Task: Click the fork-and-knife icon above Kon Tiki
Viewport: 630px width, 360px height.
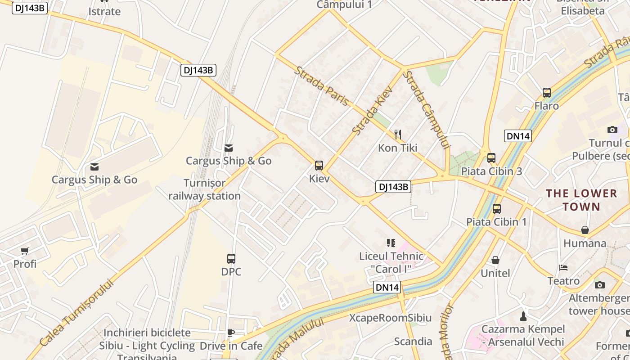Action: (x=398, y=134)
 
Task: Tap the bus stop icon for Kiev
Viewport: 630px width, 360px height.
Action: (x=319, y=166)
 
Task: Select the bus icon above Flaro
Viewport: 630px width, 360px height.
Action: (x=547, y=93)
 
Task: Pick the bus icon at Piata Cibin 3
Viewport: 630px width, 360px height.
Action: (x=491, y=158)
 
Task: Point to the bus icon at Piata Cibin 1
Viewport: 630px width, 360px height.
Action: (x=497, y=208)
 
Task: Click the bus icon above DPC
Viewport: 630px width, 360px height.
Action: (x=231, y=259)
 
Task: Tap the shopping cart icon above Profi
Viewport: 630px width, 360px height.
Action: (x=25, y=251)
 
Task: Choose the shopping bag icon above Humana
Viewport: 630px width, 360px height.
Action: (x=585, y=230)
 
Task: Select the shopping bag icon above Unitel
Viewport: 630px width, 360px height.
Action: (x=495, y=260)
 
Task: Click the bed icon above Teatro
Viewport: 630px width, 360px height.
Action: (x=563, y=267)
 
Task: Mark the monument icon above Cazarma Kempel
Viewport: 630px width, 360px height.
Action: (x=523, y=316)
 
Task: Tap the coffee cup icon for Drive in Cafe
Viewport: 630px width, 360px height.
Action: (x=231, y=333)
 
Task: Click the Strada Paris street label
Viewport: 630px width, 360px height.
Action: (x=322, y=86)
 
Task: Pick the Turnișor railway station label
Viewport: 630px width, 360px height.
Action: (x=205, y=189)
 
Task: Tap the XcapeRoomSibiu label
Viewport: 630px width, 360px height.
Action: (x=390, y=318)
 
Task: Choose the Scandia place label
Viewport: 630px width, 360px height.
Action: (x=413, y=341)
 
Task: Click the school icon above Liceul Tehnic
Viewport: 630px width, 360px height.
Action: (x=391, y=243)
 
